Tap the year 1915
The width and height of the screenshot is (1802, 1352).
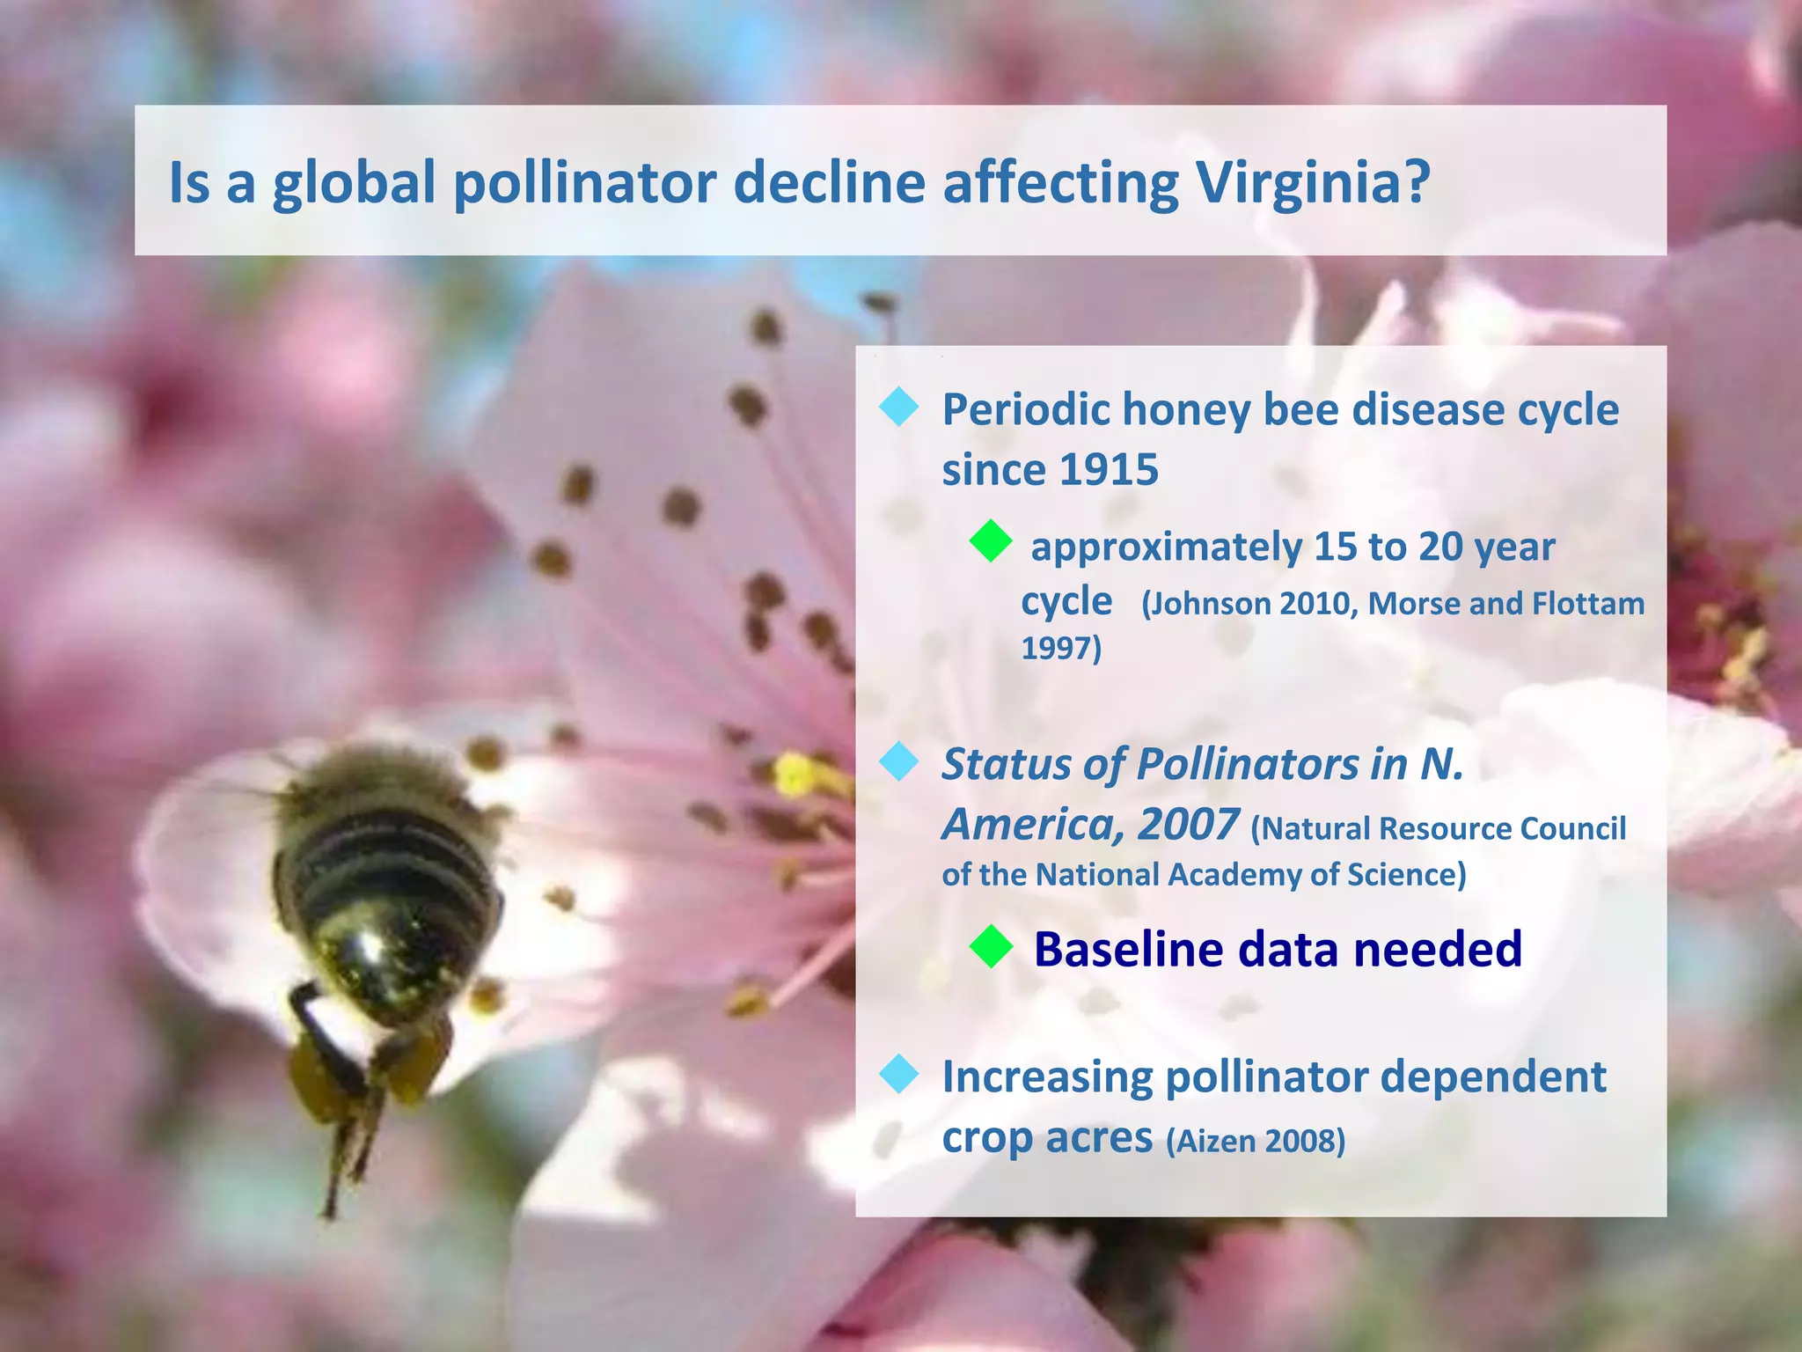(1109, 469)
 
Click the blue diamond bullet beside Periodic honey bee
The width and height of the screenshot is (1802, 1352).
(898, 408)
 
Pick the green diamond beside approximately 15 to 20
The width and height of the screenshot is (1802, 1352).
(991, 541)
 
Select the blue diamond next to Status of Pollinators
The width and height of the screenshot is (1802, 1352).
(898, 761)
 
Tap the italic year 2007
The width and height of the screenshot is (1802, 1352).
(1188, 825)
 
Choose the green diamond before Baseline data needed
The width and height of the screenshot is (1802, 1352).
(991, 947)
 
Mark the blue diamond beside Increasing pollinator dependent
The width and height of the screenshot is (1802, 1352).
(898, 1074)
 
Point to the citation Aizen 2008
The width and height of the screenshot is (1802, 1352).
(1256, 1142)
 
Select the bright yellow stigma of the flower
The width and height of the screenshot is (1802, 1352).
(796, 775)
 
